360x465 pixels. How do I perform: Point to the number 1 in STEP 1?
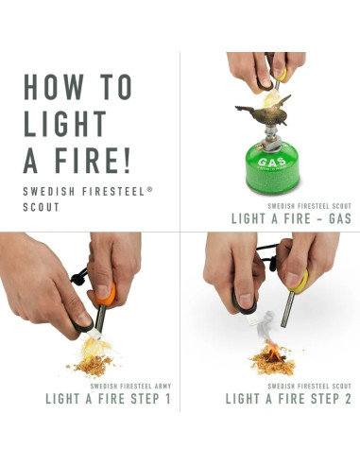(x=167, y=399)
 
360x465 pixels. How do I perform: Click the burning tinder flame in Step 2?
(x=269, y=356)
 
